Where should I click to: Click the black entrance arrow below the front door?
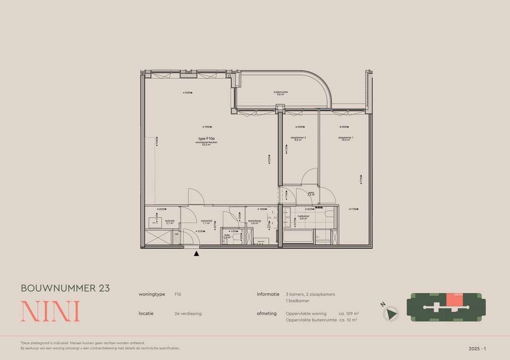pyautogui.click(x=196, y=254)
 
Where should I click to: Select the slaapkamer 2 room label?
pyautogui.click(x=298, y=139)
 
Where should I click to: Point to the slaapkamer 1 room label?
pyautogui.click(x=346, y=139)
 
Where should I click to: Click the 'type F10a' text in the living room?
pyautogui.click(x=207, y=139)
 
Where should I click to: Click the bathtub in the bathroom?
pyautogui.click(x=298, y=236)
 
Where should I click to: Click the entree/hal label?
pyautogui.click(x=206, y=221)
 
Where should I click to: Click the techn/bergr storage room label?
pyautogui.click(x=255, y=222)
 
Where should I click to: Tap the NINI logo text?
pyautogui.click(x=50, y=311)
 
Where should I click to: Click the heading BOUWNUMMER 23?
pyautogui.click(x=65, y=288)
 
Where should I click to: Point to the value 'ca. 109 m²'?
pyautogui.click(x=348, y=313)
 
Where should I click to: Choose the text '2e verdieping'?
pyautogui.click(x=188, y=313)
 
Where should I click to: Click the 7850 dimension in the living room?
pyautogui.click(x=207, y=127)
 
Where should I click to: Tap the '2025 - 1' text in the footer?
pyautogui.click(x=477, y=349)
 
